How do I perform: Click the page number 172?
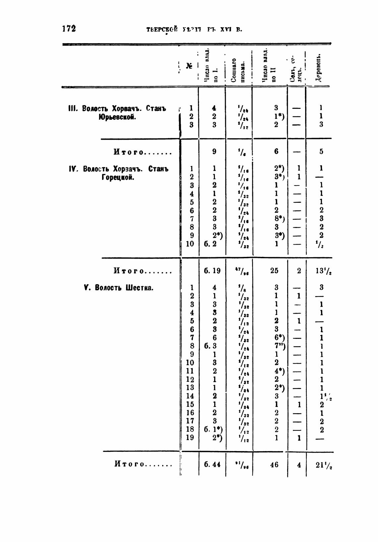coord(69,29)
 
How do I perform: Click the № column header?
coord(189,66)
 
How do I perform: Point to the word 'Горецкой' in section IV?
coord(118,177)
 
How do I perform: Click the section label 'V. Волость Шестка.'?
coord(119,287)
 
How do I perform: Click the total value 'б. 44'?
coord(212,464)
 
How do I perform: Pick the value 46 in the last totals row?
coord(274,464)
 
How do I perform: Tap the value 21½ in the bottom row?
coord(324,465)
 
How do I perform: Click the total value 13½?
coord(324,271)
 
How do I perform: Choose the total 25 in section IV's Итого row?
coord(274,271)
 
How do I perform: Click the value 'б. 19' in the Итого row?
coord(212,271)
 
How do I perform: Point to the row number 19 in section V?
coord(190,437)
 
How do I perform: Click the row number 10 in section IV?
coord(190,244)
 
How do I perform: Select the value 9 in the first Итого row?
coord(214,151)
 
